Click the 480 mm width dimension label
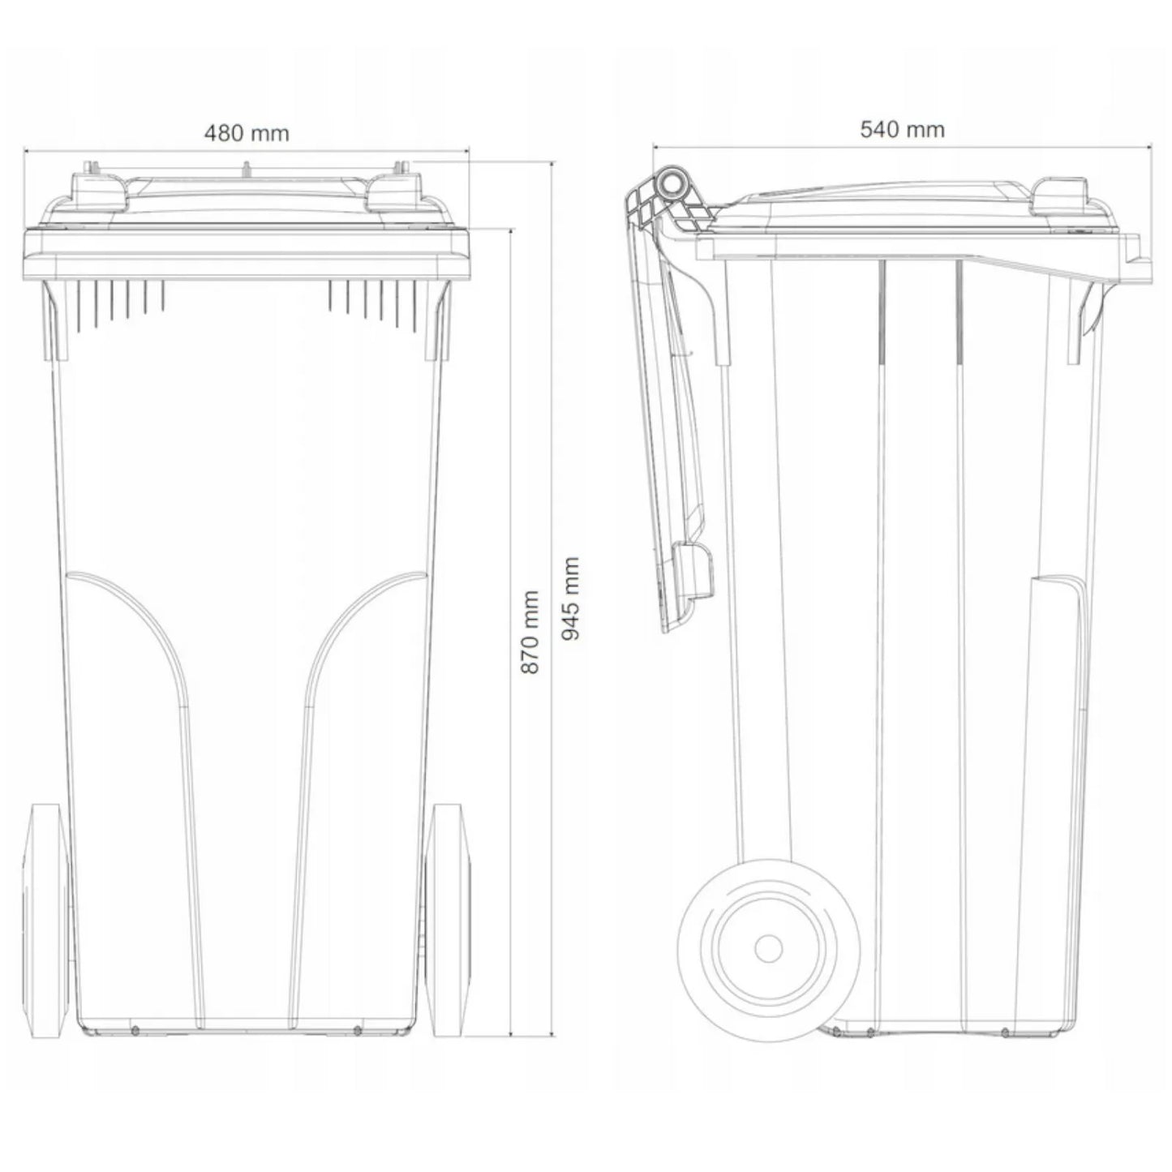(x=247, y=132)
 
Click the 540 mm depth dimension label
(x=902, y=129)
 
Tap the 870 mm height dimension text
(x=530, y=631)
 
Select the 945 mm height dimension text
(x=570, y=599)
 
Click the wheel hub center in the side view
(x=768, y=947)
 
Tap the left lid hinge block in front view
(x=98, y=191)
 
